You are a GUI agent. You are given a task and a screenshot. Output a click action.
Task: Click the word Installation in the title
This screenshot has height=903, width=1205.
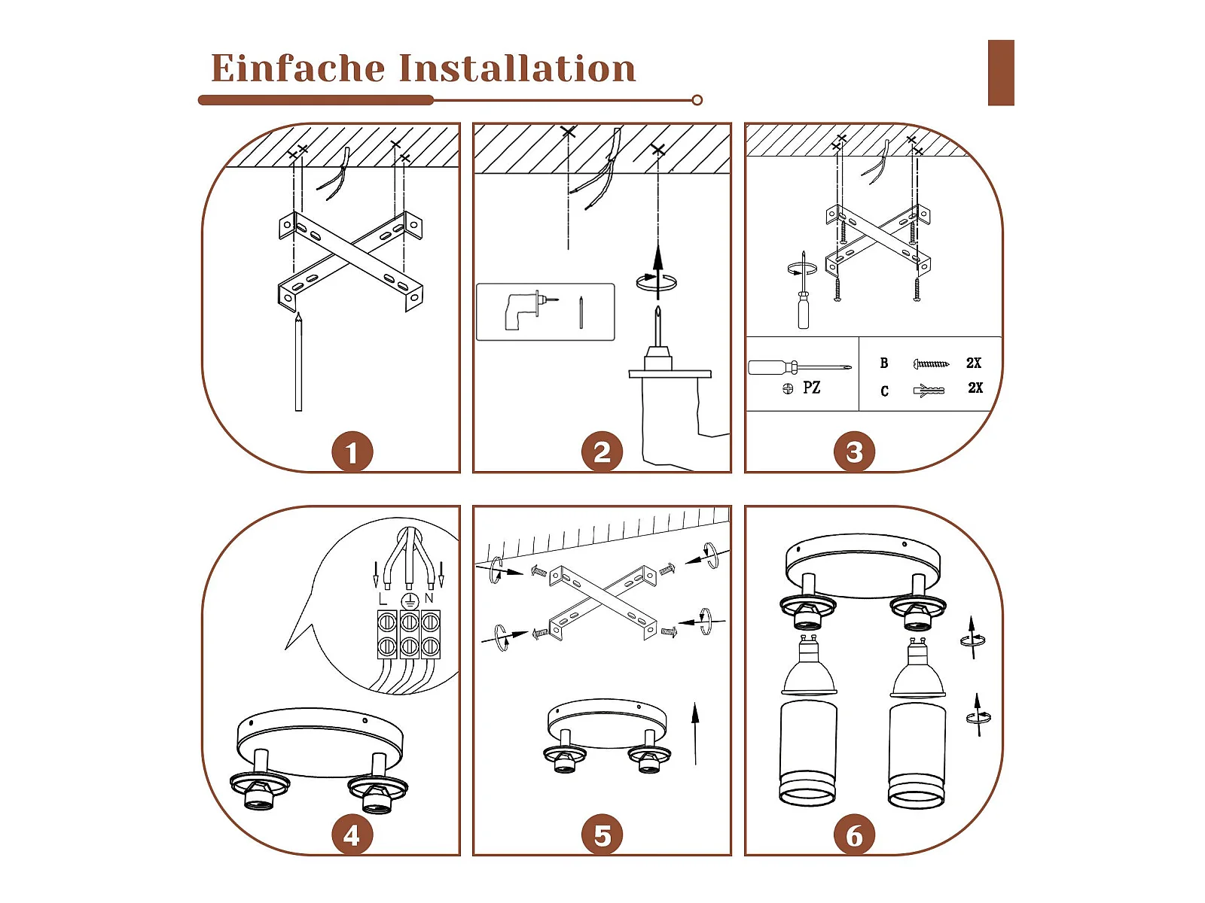[517, 68]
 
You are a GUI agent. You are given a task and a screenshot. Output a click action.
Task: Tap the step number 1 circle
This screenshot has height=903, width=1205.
[352, 451]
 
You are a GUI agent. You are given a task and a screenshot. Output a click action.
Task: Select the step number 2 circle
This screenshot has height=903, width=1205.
[602, 451]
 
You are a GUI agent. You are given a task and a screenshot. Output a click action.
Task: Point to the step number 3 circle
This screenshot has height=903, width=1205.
[853, 451]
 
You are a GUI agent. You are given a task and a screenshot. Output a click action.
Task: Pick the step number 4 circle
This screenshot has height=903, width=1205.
[352, 835]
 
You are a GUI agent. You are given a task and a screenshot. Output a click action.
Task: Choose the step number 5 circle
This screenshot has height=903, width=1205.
[602, 835]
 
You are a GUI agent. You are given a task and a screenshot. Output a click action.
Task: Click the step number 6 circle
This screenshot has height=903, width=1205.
[853, 835]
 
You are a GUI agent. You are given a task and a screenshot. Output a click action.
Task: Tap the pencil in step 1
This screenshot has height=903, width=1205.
[299, 362]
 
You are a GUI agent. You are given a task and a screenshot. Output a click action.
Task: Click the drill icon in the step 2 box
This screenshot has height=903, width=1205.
[530, 310]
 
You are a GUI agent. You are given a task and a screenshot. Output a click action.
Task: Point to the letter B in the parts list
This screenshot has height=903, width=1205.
[884, 363]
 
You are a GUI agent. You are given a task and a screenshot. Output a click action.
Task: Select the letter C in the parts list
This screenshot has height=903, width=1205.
[884, 391]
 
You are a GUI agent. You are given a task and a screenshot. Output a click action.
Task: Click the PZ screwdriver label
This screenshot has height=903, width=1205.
[811, 388]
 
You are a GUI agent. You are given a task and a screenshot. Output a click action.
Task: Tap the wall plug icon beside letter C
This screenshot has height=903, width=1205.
[929, 391]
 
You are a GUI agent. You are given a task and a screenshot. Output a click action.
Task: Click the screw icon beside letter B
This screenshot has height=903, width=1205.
[931, 363]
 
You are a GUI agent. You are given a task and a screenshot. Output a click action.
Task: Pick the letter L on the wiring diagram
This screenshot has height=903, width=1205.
[383, 599]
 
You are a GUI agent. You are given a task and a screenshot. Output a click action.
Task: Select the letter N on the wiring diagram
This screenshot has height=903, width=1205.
[429, 598]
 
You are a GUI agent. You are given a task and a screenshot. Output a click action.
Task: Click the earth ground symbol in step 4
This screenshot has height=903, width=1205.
[410, 600]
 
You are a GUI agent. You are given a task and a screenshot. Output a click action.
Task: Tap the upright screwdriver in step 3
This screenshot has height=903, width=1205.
[803, 290]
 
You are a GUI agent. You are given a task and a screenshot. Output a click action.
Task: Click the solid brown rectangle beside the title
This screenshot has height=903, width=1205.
[1001, 72]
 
